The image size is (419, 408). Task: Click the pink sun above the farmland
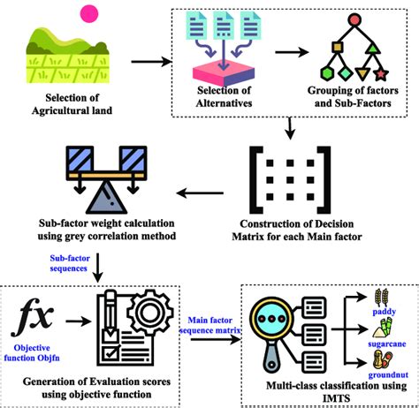[88, 13]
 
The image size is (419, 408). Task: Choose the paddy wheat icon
[361, 298]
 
